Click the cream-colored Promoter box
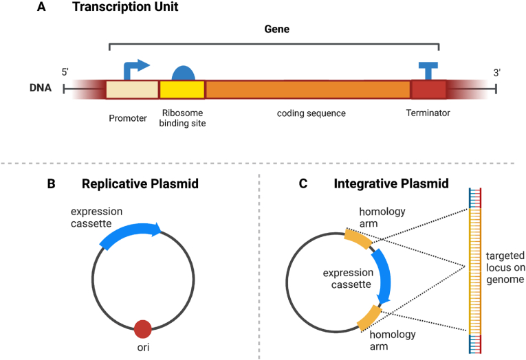132,90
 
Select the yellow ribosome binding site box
182,90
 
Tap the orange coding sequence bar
307,90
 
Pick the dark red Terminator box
428,90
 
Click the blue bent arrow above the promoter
135,69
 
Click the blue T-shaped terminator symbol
428,69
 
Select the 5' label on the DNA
65,71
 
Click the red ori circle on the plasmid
142,329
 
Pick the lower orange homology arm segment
369,317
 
